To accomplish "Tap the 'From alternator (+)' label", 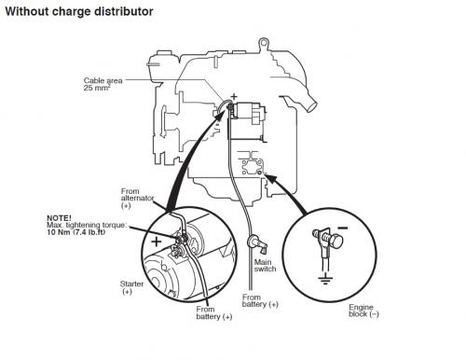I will click(135, 198).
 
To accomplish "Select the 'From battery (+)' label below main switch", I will click(261, 303).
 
